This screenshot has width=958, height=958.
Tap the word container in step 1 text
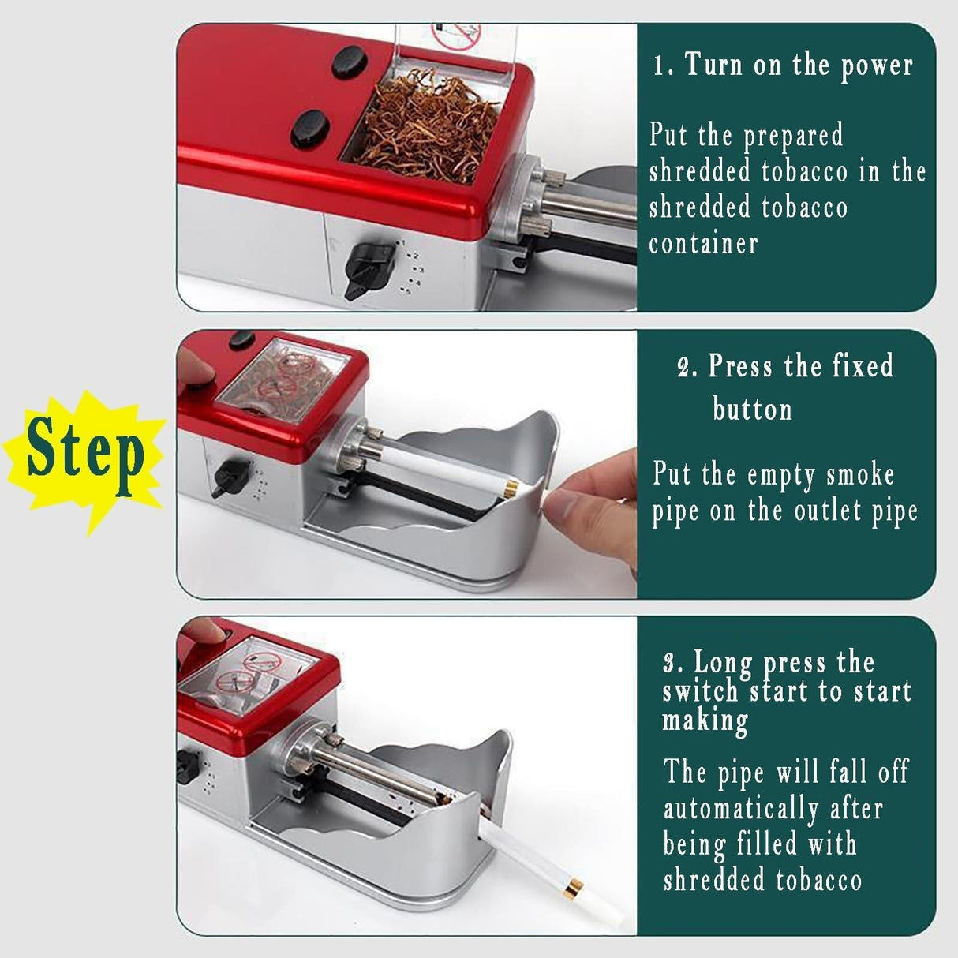(x=703, y=243)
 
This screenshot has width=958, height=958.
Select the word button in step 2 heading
(x=751, y=410)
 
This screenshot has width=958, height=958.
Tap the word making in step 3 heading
(x=705, y=720)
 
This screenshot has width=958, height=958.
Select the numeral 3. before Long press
(x=672, y=662)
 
